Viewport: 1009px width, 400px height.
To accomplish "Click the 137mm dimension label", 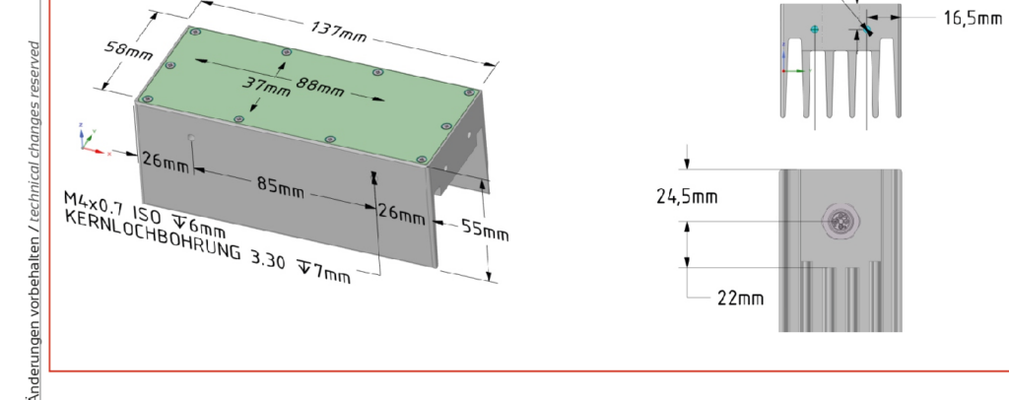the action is (339, 32).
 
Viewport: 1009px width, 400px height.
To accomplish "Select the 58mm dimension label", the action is (128, 50).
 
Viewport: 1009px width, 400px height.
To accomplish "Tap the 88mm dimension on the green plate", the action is (320, 86).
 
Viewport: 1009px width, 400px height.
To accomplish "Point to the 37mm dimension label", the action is (266, 87).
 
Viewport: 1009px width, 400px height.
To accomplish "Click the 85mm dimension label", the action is (281, 186).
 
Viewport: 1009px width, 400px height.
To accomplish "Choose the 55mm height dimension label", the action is (485, 231).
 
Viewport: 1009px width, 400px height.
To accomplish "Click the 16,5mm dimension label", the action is (973, 18).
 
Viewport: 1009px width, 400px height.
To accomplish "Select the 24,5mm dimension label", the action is (687, 196).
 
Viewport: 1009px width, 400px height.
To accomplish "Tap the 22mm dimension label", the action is (741, 298).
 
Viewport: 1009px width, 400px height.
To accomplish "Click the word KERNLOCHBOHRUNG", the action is (153, 233).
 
